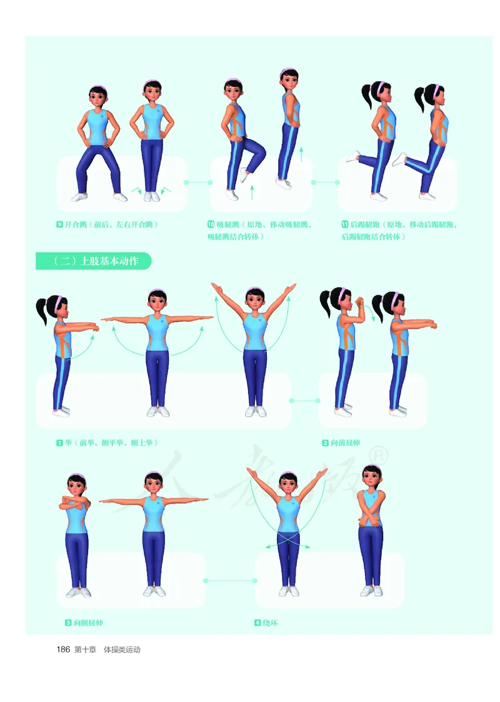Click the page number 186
[63, 649]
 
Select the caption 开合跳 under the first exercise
[76, 224]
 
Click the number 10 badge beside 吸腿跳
[211, 224]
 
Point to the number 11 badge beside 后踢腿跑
[345, 224]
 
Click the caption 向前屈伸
[345, 443]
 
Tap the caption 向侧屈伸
[88, 623]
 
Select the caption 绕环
[270, 623]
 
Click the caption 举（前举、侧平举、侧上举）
[111, 443]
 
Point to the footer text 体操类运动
[122, 649]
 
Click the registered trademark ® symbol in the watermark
[380, 455]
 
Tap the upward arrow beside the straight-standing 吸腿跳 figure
[301, 155]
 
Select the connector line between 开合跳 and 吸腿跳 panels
[198, 182]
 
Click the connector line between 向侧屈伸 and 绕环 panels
[231, 581]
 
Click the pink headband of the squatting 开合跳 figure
[98, 88]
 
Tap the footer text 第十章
[85, 649]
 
